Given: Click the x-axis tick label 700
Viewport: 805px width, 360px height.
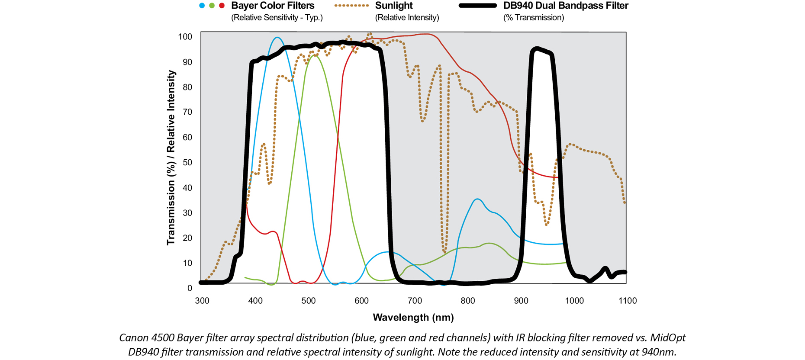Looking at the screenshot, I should point(415,301).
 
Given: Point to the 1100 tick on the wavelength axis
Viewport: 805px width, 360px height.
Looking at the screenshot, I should point(628,301).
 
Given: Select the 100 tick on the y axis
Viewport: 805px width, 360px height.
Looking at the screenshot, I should point(185,37).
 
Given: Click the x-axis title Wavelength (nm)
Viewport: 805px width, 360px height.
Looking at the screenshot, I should point(413,318).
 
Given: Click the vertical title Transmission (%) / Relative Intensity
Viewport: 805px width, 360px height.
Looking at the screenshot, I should point(171,158).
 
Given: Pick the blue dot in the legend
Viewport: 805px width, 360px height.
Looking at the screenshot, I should point(202,6).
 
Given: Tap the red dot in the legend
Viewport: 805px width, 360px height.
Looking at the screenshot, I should point(222,6).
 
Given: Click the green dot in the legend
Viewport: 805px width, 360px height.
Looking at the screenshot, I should point(212,6).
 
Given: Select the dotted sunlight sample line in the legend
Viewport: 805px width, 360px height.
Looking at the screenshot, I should point(351,6).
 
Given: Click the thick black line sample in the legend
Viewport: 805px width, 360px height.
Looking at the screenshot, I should point(477,6).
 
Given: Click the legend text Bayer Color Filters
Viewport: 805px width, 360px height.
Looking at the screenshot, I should point(273,6).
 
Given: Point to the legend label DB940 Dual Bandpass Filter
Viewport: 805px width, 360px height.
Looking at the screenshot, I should point(566,6).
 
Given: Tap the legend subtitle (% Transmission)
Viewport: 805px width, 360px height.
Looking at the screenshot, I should point(533,18).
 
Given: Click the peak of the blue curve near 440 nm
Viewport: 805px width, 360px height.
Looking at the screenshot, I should point(277,38).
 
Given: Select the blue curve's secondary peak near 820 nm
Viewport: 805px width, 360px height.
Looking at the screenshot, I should point(477,199).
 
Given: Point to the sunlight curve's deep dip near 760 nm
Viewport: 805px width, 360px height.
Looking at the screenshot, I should point(444,251).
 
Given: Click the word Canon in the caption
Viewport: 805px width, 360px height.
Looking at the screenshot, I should point(133,337).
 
